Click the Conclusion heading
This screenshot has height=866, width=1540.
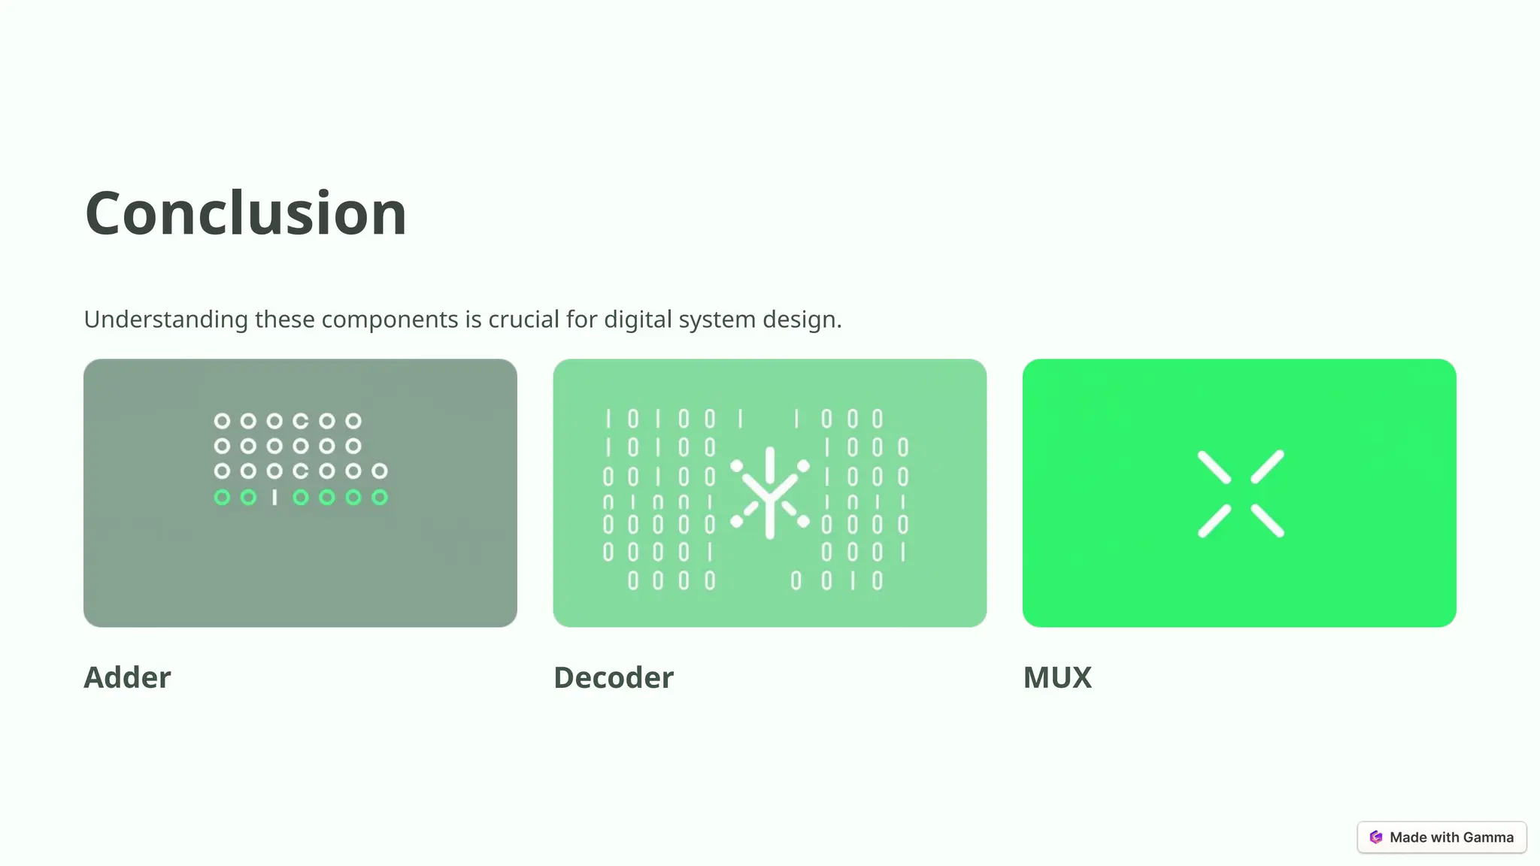[x=246, y=213]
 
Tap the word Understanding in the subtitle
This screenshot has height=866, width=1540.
[x=165, y=319]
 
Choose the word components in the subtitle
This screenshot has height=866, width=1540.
[x=390, y=319]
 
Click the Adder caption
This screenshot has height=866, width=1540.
[x=127, y=677]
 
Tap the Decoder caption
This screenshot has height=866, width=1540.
[x=614, y=677]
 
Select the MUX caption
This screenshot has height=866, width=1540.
[x=1057, y=677]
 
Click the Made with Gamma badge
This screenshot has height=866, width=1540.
[x=1441, y=837]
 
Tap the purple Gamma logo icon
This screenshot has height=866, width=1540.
[x=1376, y=837]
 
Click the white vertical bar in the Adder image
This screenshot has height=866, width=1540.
[x=274, y=497]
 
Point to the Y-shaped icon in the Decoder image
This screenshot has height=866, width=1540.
[x=770, y=493]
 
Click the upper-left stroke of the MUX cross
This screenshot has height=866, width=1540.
[x=1214, y=468]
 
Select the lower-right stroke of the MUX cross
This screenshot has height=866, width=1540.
[x=1268, y=520]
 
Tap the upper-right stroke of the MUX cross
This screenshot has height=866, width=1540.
[x=1268, y=468]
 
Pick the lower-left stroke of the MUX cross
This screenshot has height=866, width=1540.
[x=1214, y=520]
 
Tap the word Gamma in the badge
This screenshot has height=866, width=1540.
[x=1488, y=837]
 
